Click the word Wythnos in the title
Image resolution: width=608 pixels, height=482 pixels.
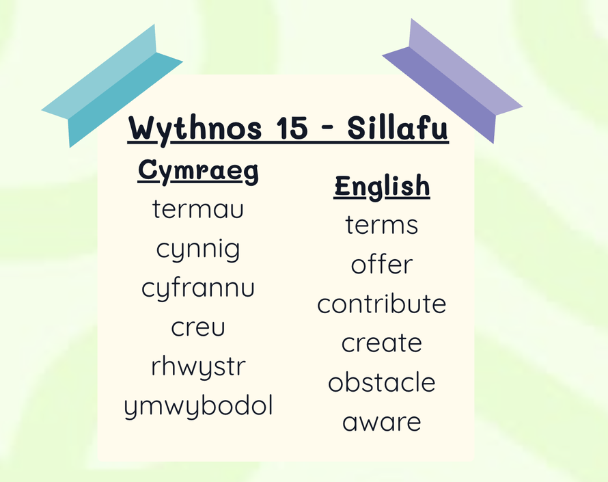pos(195,129)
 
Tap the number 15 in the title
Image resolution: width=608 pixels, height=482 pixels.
pos(292,127)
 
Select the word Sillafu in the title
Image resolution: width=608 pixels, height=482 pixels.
pos(398,127)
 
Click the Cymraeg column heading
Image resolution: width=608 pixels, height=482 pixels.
pos(198,171)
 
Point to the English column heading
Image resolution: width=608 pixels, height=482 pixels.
pos(382,187)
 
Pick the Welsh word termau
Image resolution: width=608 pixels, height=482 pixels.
pos(197,209)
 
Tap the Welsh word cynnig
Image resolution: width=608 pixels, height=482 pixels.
pos(197,250)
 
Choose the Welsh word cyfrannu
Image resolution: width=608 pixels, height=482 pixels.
pos(197,288)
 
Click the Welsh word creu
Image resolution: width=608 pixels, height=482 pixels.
pos(197,327)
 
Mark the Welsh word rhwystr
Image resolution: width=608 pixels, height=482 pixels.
pos(198,366)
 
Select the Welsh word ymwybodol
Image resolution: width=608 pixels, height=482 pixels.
pos(198,406)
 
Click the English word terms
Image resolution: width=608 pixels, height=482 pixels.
pos(382,225)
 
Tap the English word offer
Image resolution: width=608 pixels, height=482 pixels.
pos(382,264)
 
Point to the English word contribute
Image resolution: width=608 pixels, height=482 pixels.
pos(382,304)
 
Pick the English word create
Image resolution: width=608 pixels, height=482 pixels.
pos(382,343)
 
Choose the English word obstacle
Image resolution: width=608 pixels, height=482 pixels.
pos(382,382)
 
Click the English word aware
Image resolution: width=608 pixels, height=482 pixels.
pos(382,423)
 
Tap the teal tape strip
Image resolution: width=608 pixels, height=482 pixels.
pos(113,85)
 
